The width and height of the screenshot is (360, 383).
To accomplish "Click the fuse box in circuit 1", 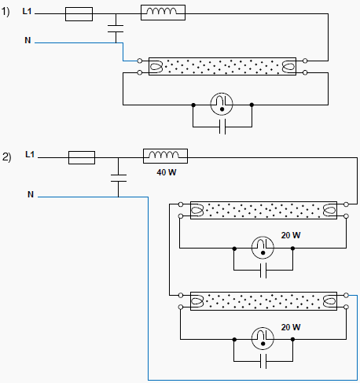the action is click(x=79, y=14).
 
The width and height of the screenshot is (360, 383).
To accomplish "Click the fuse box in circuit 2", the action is click(x=82, y=157).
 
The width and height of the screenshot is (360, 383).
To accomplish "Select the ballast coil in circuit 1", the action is click(x=163, y=13).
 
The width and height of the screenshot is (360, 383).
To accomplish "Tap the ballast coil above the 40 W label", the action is click(x=165, y=156).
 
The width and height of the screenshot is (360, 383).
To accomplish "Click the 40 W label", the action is click(x=167, y=172).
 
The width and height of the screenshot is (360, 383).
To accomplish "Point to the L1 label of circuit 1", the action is click(x=27, y=11).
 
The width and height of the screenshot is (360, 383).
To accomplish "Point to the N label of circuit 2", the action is click(x=31, y=194).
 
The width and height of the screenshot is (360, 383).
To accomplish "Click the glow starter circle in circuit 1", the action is click(x=222, y=104).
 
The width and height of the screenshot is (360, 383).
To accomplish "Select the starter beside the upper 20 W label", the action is click(x=263, y=248).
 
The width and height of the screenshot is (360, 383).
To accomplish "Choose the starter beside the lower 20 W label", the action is click(x=263, y=338).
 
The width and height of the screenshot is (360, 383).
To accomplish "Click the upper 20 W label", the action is click(x=291, y=235).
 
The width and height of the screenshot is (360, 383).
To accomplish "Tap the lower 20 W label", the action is click(x=291, y=327).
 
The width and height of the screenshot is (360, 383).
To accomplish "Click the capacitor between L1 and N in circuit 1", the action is click(x=116, y=28).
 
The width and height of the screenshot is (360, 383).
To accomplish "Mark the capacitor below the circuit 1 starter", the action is click(x=222, y=127).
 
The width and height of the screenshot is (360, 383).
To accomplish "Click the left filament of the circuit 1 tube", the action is click(x=156, y=66).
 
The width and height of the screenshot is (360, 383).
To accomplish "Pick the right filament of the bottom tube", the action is click(x=330, y=301).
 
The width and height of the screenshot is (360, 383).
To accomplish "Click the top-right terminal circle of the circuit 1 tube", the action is click(x=305, y=61).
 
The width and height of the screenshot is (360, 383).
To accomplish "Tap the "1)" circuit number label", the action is click(x=6, y=12).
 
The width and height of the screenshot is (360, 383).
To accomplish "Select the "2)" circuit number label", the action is click(x=7, y=157).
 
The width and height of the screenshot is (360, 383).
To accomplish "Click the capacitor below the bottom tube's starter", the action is click(x=263, y=361).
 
